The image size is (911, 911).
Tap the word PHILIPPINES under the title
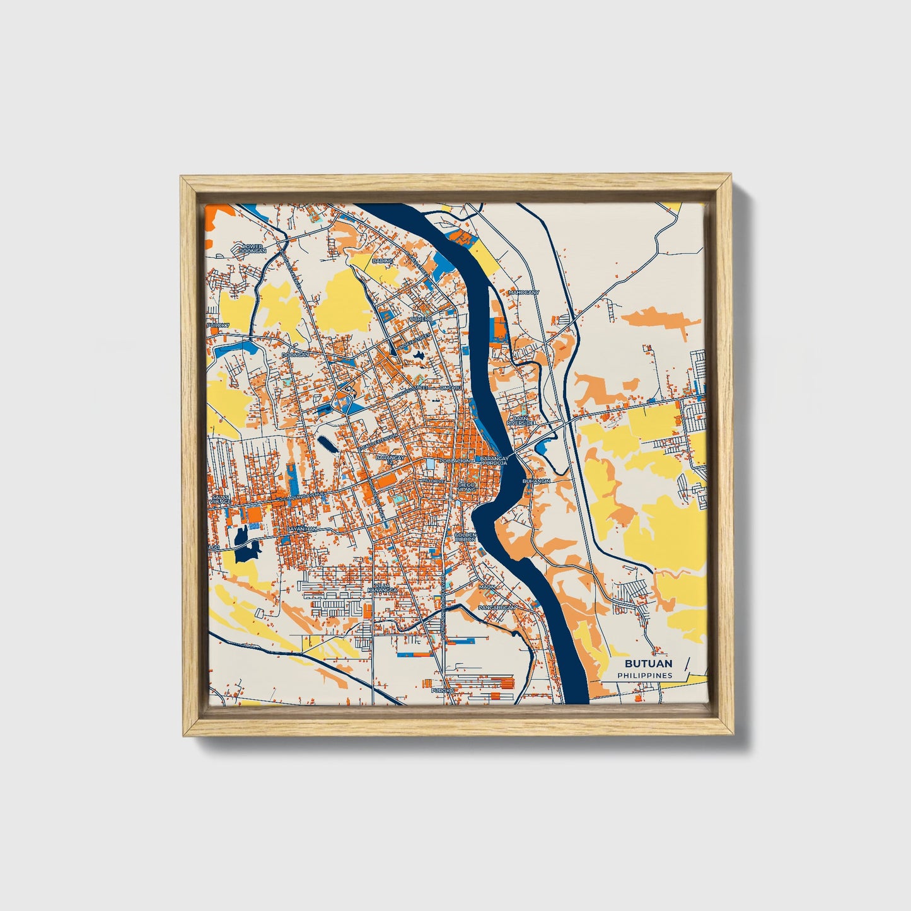pos(645,676)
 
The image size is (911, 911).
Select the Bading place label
pos(382,260)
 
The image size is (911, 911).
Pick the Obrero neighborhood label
pos(421,320)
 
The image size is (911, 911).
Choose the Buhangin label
pos(536,481)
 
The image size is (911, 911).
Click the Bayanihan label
pos(301,529)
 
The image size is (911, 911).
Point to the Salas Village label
pos(219,499)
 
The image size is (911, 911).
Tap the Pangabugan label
pos(497,607)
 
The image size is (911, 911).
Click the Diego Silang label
pos(467,487)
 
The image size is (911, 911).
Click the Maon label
pos(487,587)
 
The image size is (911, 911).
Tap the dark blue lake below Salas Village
pos(245,546)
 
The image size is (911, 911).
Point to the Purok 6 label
pos(443,691)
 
